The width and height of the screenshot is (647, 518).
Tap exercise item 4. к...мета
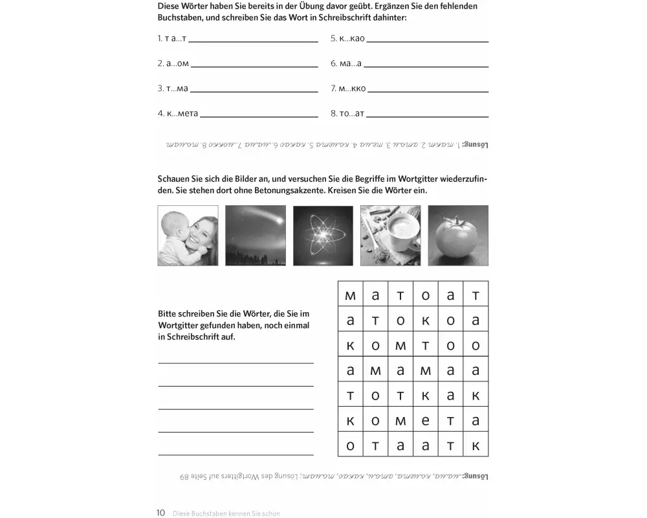178,113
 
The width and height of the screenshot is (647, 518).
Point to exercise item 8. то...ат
347,113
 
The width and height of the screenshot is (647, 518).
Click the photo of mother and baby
188,236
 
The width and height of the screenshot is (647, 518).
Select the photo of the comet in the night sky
256,236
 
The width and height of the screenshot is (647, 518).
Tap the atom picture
323,236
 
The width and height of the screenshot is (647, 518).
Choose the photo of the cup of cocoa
390,236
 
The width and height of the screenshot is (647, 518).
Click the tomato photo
458,236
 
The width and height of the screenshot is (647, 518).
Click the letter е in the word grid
426,421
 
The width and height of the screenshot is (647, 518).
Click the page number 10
161,513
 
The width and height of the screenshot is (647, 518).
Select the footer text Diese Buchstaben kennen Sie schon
226,513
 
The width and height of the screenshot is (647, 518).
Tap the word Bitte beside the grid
169,313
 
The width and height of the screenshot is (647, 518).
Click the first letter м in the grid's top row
351,296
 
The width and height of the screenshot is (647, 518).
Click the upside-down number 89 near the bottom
185,477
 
